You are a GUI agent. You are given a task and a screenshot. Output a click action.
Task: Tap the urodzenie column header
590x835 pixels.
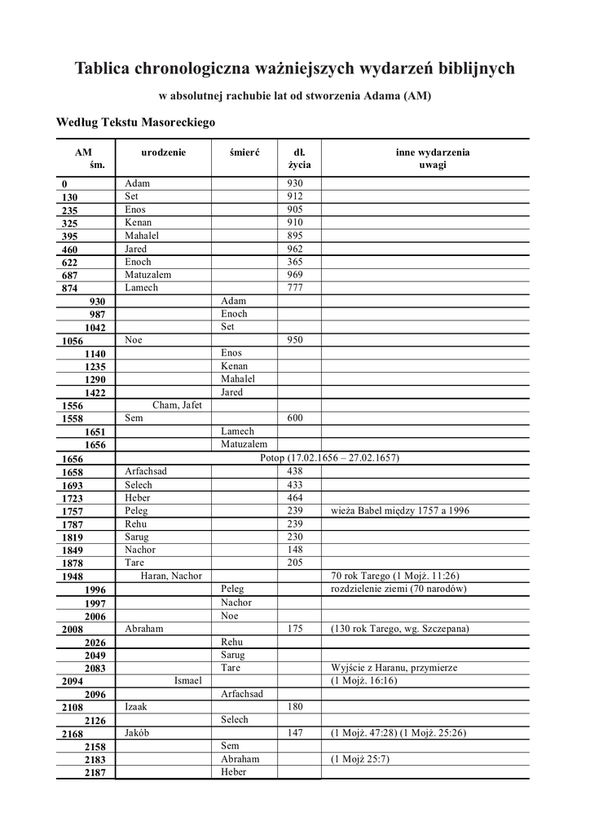(163, 152)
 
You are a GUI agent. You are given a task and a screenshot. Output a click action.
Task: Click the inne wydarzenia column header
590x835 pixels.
(433, 152)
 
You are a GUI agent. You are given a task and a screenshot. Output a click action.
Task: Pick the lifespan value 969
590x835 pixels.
(295, 275)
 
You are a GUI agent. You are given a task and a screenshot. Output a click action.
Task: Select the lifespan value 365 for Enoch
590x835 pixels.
(295, 262)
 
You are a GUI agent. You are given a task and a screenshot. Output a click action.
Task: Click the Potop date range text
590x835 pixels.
(329, 458)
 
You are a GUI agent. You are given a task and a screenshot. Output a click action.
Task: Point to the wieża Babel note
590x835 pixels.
(399, 510)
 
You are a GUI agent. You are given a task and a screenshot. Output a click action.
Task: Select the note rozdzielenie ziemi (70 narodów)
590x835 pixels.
(398, 589)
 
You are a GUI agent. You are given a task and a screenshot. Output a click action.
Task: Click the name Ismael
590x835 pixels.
(187, 680)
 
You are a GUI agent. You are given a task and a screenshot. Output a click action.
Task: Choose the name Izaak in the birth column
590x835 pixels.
(136, 707)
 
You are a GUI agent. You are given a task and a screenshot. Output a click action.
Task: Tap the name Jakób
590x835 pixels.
(137, 733)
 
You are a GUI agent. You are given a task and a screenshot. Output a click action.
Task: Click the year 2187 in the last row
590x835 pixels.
(95, 773)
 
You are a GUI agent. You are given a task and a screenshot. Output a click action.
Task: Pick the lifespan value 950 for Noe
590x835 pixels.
(295, 340)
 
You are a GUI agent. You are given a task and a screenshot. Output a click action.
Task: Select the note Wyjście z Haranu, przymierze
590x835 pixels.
(394, 667)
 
